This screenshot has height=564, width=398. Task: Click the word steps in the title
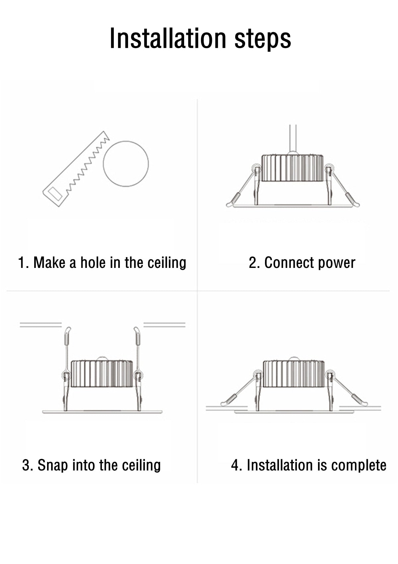(x=263, y=39)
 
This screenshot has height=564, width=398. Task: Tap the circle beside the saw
(x=126, y=164)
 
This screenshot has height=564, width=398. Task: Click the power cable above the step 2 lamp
(x=293, y=138)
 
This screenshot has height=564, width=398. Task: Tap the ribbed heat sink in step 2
(x=292, y=168)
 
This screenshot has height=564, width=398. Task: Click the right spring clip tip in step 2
(x=352, y=200)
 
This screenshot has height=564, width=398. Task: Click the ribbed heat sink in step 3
(x=102, y=374)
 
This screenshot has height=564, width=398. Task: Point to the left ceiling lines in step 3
(x=41, y=325)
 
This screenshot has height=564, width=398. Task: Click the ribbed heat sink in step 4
(x=294, y=374)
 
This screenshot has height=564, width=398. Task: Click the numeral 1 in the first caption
(x=21, y=263)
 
